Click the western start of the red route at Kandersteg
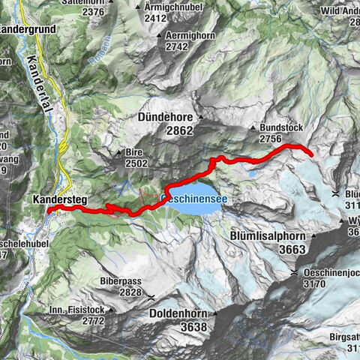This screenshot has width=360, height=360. (x=49, y=211)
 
